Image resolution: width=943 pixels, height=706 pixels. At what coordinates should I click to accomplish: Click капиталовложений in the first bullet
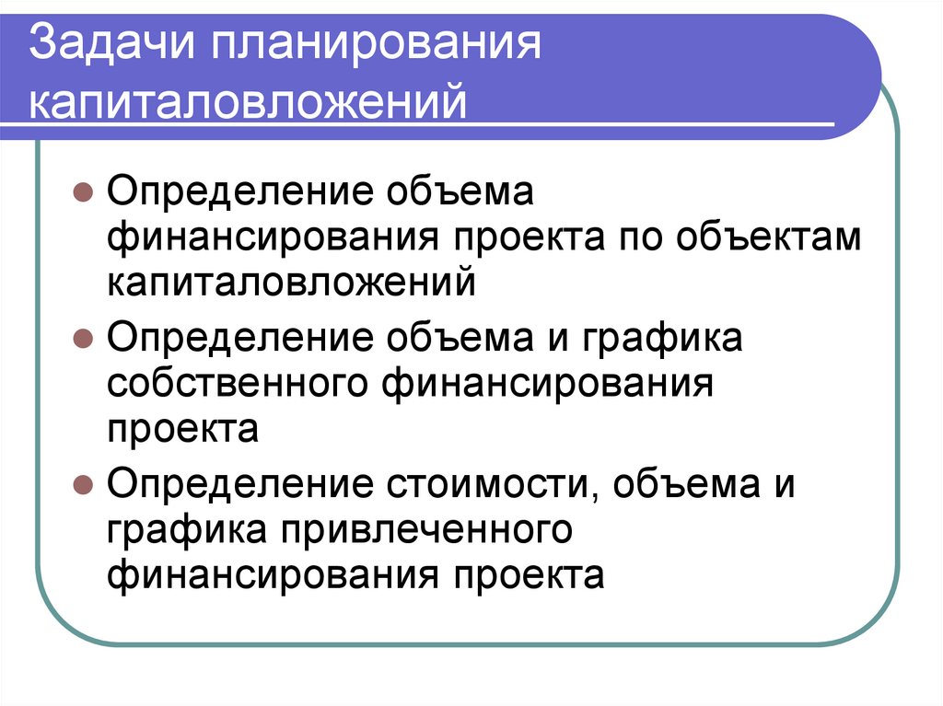[x=292, y=284]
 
